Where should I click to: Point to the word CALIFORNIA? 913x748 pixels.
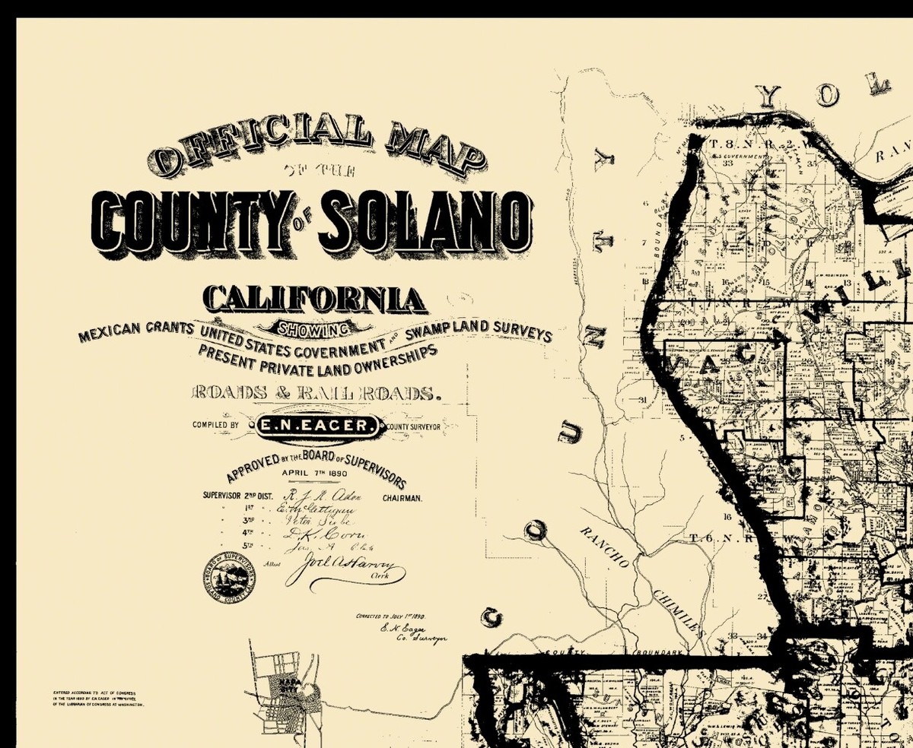click(313, 299)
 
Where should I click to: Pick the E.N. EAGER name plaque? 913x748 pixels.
click(315, 426)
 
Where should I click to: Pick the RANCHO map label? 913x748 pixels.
click(605, 547)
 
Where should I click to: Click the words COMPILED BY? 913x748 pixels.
click(216, 426)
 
